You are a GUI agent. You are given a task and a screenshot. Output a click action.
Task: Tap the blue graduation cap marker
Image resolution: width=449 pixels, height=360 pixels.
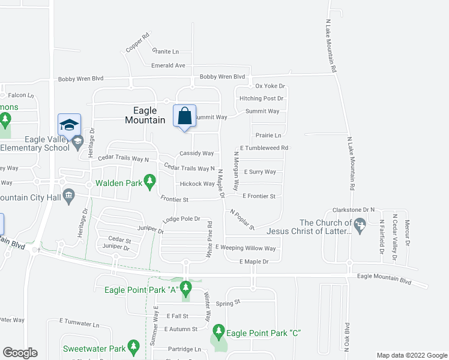pos(69,125)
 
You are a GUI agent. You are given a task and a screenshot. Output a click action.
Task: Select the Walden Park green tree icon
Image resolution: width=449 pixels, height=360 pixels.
pos(149,179)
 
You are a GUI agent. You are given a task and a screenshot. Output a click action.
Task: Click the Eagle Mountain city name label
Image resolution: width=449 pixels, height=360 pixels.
pos(145,115)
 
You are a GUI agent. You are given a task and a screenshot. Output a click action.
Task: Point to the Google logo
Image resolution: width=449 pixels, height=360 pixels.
pos(20,353)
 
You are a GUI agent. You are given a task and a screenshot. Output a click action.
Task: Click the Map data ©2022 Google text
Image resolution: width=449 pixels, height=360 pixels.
pos(411,355)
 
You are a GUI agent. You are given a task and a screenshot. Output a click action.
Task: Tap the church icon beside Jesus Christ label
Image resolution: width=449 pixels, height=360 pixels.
pos(360,226)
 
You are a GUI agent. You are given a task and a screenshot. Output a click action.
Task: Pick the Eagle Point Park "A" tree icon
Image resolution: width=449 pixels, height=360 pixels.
pos(185,290)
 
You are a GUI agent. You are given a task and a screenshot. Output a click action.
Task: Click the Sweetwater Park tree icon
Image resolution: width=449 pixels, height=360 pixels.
pos(134,347)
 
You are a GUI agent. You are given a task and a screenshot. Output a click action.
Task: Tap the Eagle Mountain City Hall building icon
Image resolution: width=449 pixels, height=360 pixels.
pos(68,194)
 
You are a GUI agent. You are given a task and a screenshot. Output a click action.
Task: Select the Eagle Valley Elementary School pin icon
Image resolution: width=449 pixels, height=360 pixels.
pos(77,142)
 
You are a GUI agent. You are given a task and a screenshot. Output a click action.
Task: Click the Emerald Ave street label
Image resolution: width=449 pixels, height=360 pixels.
pos(168,65)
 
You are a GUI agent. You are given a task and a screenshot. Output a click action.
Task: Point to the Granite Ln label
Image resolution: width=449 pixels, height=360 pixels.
pos(166,52)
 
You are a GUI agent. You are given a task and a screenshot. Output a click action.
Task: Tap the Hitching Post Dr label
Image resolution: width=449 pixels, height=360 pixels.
pos(261,98)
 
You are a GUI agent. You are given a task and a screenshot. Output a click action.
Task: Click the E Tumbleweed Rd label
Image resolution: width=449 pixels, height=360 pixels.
pos(264,148)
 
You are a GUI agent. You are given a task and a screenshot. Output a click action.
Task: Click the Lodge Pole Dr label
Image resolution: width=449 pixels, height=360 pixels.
pos(181,220)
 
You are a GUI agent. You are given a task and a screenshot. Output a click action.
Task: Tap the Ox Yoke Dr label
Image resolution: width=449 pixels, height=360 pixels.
pos(269,86)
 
